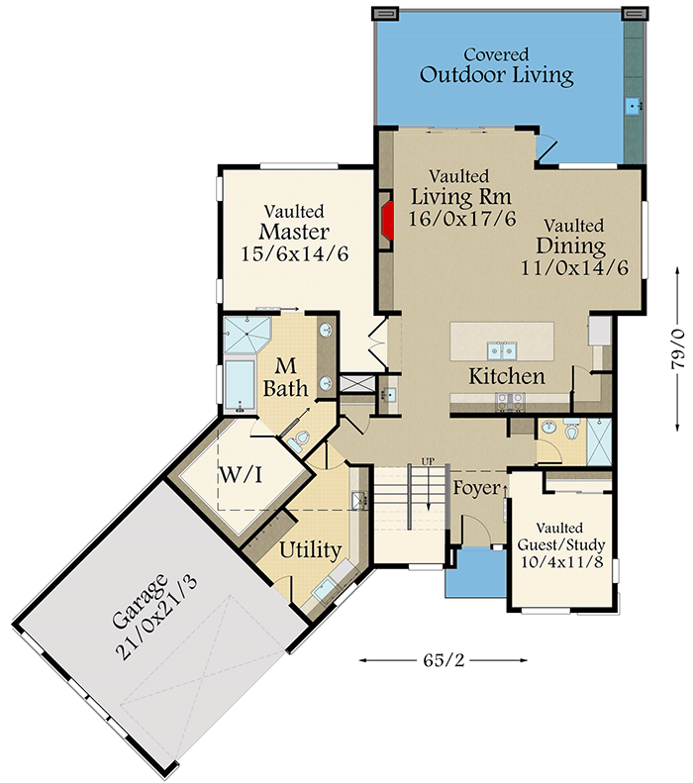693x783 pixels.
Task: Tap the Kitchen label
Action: coord(507,377)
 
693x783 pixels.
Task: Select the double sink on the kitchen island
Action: coord(501,348)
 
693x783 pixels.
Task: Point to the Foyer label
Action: coord(476,488)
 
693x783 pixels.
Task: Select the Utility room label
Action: coord(310,550)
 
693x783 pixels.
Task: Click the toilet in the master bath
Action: coord(302,437)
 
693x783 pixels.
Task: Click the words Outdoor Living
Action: coord(496,74)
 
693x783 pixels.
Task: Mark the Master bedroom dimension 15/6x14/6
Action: coord(294,252)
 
